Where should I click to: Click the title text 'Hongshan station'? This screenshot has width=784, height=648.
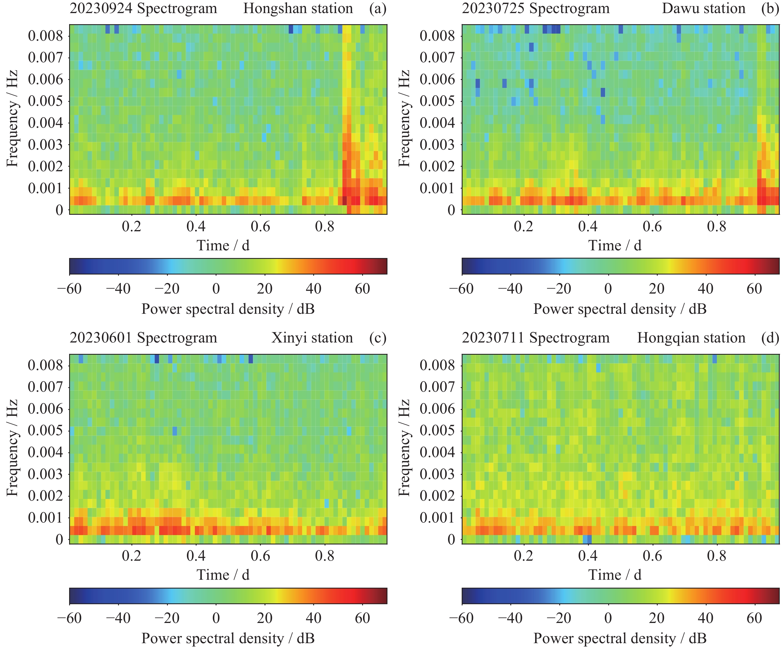298,8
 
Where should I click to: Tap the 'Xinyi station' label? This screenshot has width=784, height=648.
312,338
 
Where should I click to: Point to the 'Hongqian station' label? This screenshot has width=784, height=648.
691,338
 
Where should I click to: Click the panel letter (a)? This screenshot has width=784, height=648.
378,8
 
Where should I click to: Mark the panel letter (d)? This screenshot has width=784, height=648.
770,338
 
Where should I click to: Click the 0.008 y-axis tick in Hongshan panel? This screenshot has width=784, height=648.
46,36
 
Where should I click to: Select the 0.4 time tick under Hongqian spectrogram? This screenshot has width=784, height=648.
588,556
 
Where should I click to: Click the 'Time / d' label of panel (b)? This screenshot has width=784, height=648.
615,245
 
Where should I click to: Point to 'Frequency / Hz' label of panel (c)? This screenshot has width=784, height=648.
12,448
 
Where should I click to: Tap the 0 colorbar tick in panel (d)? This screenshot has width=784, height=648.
608,618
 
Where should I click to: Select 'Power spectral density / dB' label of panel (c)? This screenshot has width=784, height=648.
228,638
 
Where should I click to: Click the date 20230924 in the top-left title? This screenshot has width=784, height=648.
101,8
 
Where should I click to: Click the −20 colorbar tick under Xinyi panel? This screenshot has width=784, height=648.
167,618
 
